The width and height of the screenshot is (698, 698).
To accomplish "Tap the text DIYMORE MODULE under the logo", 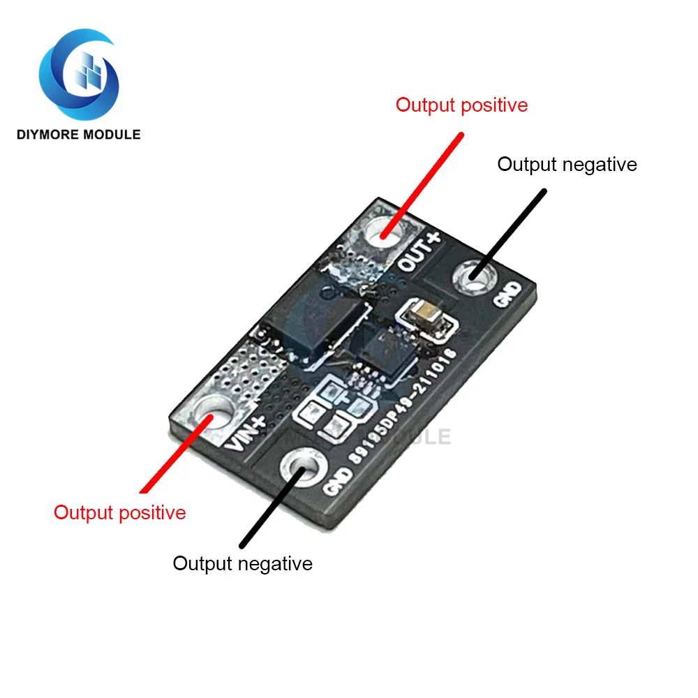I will [x=78, y=134].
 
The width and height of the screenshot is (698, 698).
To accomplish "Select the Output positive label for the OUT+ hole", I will [x=461, y=105].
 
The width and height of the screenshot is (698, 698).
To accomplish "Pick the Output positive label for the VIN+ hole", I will [x=120, y=512].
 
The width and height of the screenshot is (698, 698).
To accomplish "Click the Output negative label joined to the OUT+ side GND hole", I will [x=567, y=165].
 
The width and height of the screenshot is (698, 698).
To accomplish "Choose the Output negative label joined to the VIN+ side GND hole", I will [x=242, y=563].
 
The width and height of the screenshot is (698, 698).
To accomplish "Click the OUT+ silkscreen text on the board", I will [x=419, y=252].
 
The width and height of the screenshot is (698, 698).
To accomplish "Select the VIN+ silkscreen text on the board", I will [x=246, y=430].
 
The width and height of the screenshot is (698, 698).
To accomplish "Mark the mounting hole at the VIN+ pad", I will [x=209, y=415].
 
